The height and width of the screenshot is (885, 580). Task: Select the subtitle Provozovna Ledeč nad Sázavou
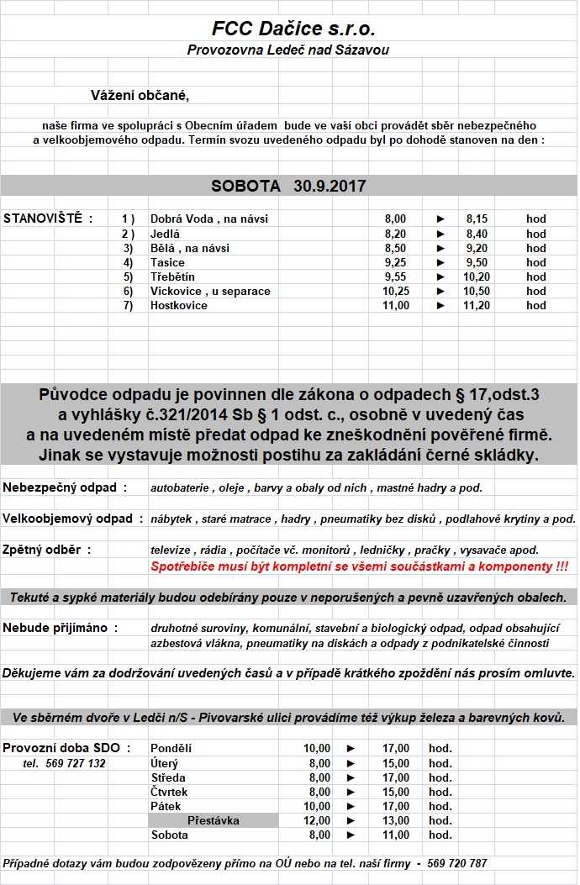[288, 50]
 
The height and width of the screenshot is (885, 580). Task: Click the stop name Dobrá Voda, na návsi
[208, 219]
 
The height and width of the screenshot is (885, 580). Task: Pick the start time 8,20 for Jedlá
[394, 234]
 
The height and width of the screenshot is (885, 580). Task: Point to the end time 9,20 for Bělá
[477, 248]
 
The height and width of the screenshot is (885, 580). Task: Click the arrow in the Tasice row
[440, 262]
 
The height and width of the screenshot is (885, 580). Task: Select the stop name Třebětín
[172, 277]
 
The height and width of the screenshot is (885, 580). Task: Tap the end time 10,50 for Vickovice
[477, 291]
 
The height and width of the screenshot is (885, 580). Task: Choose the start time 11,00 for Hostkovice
[396, 305]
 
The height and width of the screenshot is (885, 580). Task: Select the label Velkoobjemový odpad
[72, 519]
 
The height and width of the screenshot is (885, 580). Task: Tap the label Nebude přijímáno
[60, 628]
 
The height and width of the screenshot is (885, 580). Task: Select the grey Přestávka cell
[214, 820]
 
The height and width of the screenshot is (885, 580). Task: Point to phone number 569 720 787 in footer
[456, 863]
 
